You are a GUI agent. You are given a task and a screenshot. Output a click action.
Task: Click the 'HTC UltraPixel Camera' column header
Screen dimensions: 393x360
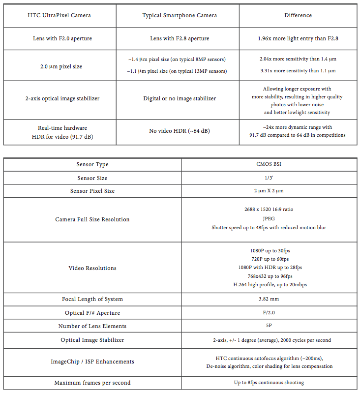60,15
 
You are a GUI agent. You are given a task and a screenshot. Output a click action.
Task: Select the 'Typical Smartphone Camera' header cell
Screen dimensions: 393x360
180,15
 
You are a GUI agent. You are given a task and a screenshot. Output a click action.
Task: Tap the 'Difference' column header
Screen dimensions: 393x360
298,15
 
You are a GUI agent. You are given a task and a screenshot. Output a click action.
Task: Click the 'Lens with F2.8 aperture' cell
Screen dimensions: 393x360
180,38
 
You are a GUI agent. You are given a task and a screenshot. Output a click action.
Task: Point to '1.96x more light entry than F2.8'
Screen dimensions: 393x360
298,38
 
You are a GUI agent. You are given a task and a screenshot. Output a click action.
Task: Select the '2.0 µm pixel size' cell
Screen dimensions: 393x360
60,66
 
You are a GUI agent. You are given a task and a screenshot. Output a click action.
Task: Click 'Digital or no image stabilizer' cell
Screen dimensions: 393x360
180,98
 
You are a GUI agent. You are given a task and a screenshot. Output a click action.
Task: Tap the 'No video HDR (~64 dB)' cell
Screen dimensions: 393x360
180,131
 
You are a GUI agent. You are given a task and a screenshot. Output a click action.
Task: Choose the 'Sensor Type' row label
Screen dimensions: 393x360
92,164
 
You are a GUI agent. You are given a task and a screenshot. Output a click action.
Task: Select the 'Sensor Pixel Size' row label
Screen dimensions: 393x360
92,191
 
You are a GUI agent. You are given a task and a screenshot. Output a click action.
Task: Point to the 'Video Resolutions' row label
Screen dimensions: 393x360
92,268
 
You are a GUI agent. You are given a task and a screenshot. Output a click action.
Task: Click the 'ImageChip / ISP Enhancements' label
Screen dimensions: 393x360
92,362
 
